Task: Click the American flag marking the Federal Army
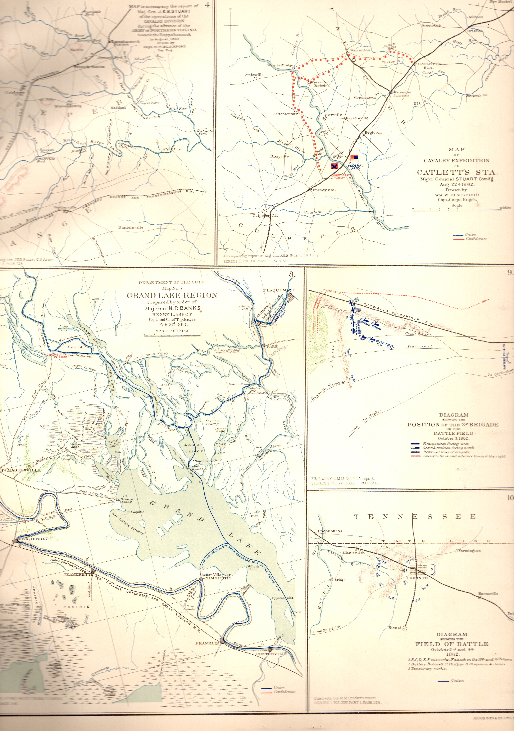[x=354, y=158]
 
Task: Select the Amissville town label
[x=254, y=75]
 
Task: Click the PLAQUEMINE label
[x=279, y=290]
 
